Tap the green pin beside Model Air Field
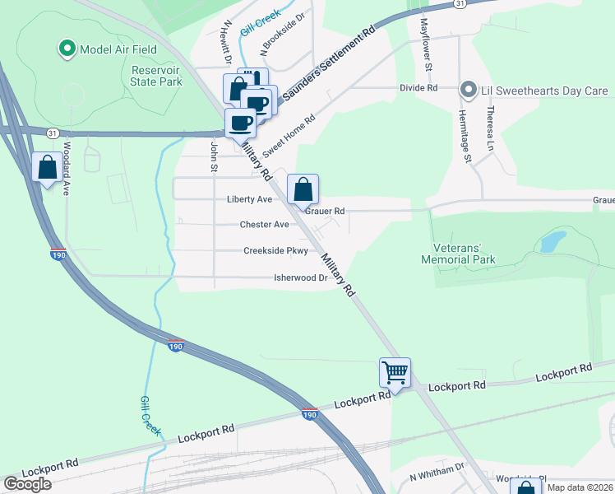pos(67,49)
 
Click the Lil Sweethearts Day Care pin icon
pos(469,89)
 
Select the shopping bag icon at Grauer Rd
pos(303,189)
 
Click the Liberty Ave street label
pos(249,199)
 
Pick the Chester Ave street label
pos(264,224)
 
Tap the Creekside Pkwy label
pos(275,251)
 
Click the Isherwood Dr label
pos(301,278)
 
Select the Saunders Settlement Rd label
pos(328,65)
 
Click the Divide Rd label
pos(418,87)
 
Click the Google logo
pos(28,483)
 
